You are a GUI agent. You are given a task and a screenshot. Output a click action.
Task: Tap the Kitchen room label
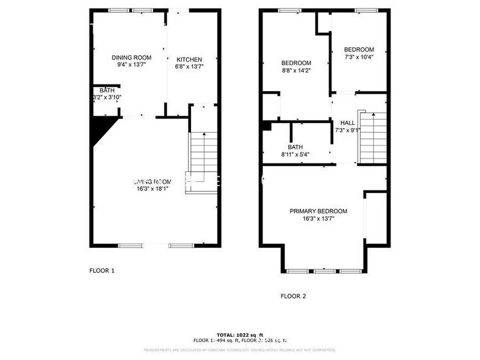pyautogui.click(x=189, y=59)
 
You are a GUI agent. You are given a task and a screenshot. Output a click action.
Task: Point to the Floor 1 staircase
pyautogui.click(x=203, y=162)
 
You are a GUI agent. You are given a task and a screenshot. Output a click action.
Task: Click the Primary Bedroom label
pyautogui.click(x=318, y=211)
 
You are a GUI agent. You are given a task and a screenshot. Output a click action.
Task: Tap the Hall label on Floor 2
pyautogui.click(x=348, y=122)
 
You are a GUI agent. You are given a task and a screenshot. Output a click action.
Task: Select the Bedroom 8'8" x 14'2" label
pyautogui.click(x=296, y=63)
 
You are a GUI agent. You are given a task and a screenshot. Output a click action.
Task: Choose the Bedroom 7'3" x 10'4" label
pyautogui.click(x=359, y=50)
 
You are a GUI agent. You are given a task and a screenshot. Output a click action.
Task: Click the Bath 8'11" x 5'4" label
pyautogui.click(x=296, y=147)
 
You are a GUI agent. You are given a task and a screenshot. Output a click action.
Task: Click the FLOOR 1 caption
pyautogui.click(x=102, y=270)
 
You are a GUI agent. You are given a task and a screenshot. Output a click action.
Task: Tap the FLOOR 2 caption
pyautogui.click(x=293, y=296)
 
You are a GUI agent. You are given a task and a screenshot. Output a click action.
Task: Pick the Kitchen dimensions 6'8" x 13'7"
pyautogui.click(x=189, y=67)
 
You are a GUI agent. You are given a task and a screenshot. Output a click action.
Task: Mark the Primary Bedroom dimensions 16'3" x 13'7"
pyautogui.click(x=318, y=219)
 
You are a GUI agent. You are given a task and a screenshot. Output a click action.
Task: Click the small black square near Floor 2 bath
pyautogui.click(x=266, y=126)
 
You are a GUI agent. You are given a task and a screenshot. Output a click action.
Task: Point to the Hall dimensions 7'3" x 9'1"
pyautogui.click(x=348, y=130)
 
